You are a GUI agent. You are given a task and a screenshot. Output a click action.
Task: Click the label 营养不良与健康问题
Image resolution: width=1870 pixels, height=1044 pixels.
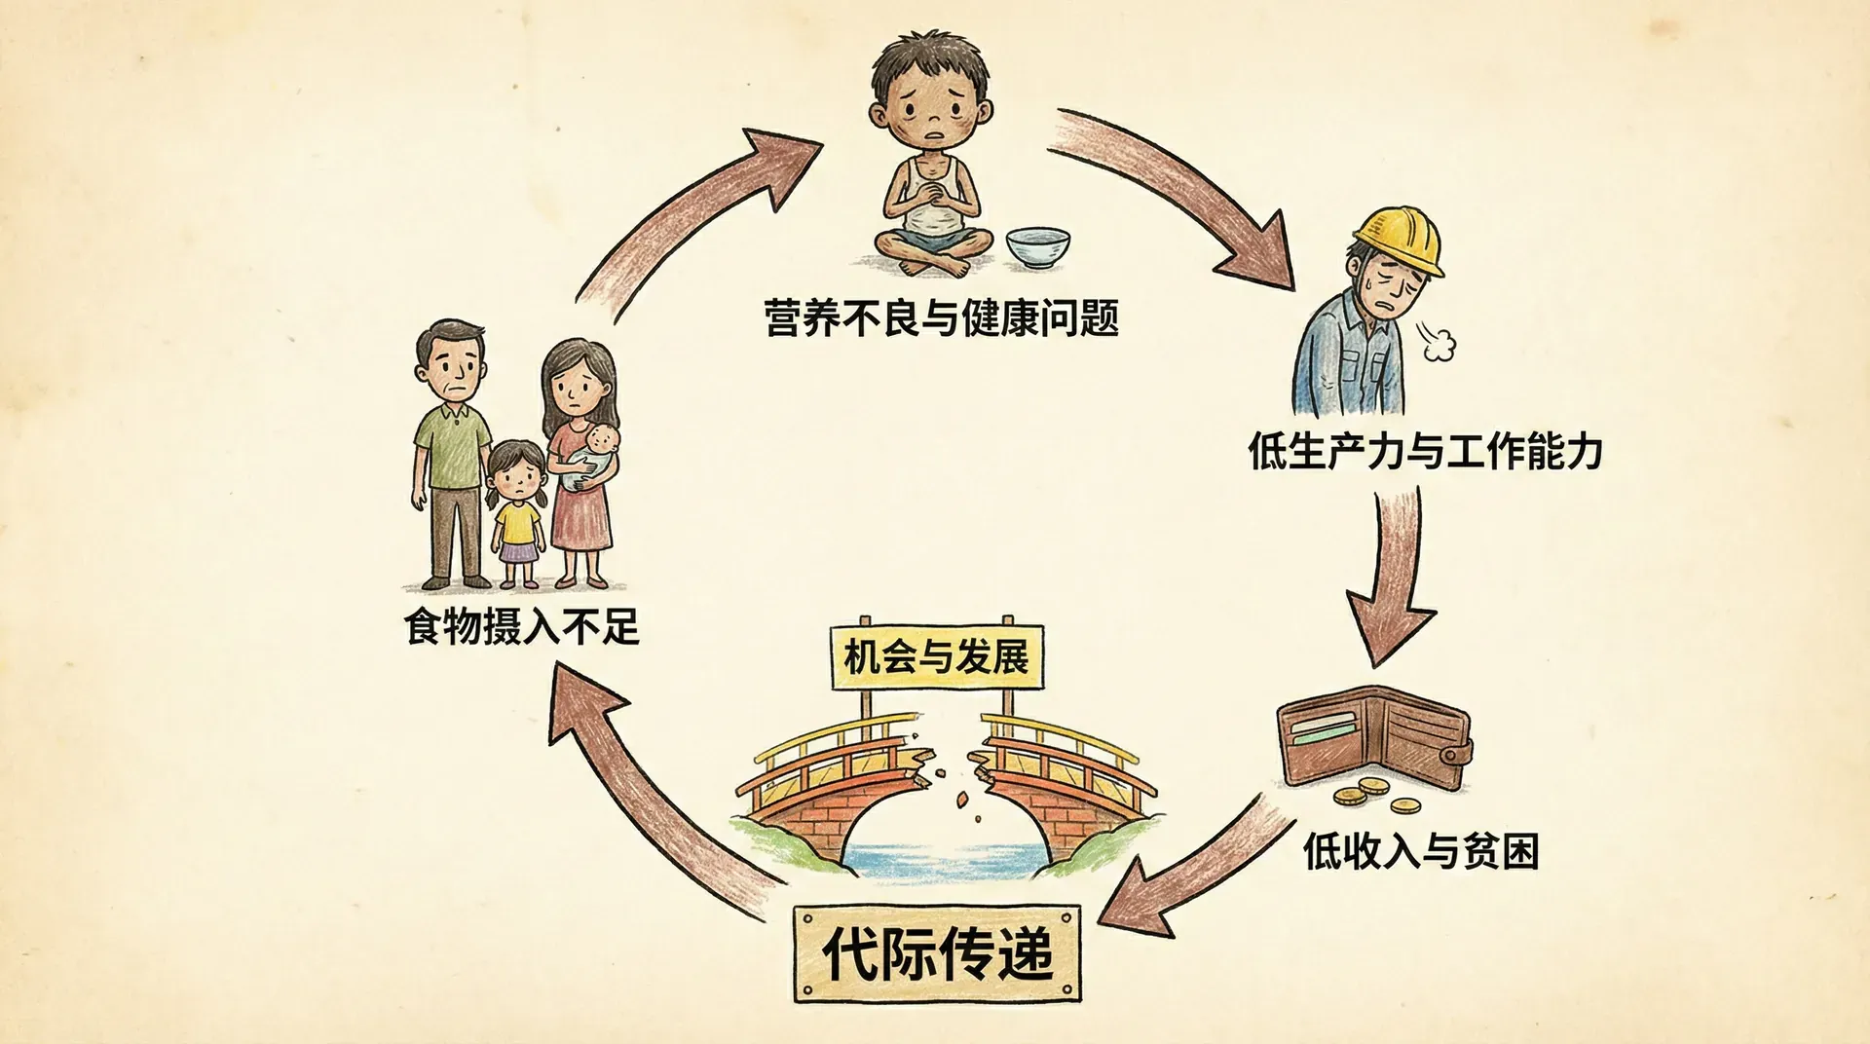pyautogui.click(x=941, y=318)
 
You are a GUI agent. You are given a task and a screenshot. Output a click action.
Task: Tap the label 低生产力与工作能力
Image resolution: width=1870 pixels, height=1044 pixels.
pyautogui.click(x=1425, y=452)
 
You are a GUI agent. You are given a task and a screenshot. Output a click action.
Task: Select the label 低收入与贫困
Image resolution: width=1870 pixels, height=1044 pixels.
pyautogui.click(x=1421, y=851)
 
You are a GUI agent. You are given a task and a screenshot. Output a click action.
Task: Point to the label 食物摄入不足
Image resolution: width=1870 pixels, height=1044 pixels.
pyautogui.click(x=522, y=626)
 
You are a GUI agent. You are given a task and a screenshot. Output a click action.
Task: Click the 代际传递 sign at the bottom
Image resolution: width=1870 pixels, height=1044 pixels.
pyautogui.click(x=938, y=953)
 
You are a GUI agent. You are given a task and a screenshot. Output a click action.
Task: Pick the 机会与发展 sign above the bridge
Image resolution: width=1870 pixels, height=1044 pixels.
pyautogui.click(x=936, y=657)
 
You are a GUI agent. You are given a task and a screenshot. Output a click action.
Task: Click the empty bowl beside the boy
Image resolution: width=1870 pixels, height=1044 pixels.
pyautogui.click(x=1036, y=247)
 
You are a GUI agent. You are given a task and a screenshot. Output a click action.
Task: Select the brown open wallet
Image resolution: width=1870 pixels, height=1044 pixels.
pyautogui.click(x=1373, y=738)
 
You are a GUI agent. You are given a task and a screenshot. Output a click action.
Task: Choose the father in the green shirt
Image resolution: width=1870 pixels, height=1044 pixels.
pyautogui.click(x=452, y=453)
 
